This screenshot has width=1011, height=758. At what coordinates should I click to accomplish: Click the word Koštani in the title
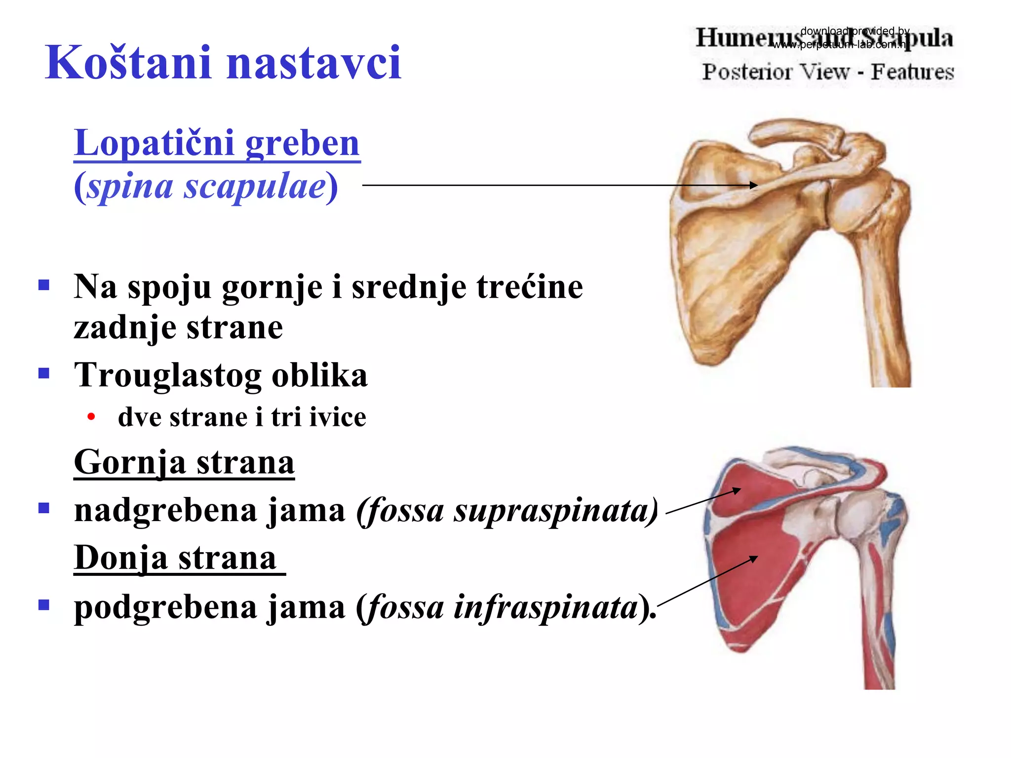tap(127, 63)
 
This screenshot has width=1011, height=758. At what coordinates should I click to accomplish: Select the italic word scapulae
tap(255, 187)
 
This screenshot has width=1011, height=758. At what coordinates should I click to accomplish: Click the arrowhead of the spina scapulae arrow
tap(753, 185)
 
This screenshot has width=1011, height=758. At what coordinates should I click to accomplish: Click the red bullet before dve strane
tap(91, 417)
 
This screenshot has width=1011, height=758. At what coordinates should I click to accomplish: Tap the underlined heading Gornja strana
tap(184, 462)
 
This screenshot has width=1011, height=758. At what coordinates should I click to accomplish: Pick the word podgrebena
tap(165, 607)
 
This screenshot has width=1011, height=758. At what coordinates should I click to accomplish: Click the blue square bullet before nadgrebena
tap(44, 508)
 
